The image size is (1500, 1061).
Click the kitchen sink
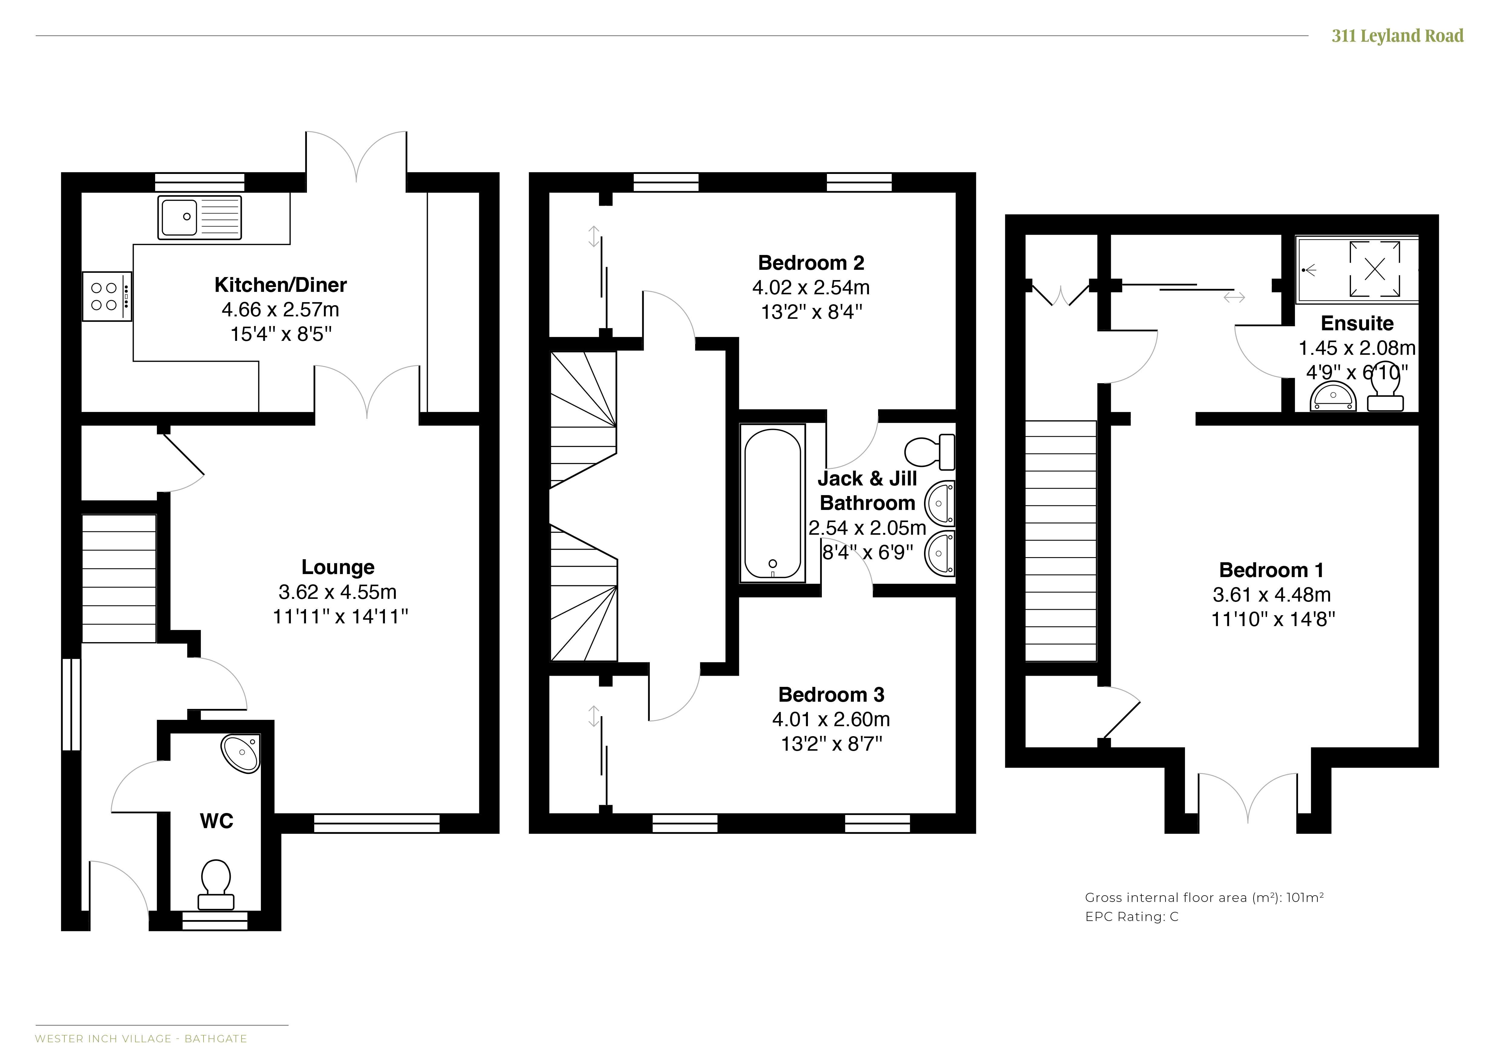[x=199, y=217]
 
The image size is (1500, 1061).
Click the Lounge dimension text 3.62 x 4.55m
[x=338, y=592]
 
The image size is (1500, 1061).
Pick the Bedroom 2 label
[x=811, y=263]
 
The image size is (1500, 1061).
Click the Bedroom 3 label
[x=831, y=694]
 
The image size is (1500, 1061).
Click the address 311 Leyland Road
[x=1398, y=36]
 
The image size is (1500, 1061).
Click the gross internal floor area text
[x=1204, y=898]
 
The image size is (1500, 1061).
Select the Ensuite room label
[x=1357, y=323]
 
